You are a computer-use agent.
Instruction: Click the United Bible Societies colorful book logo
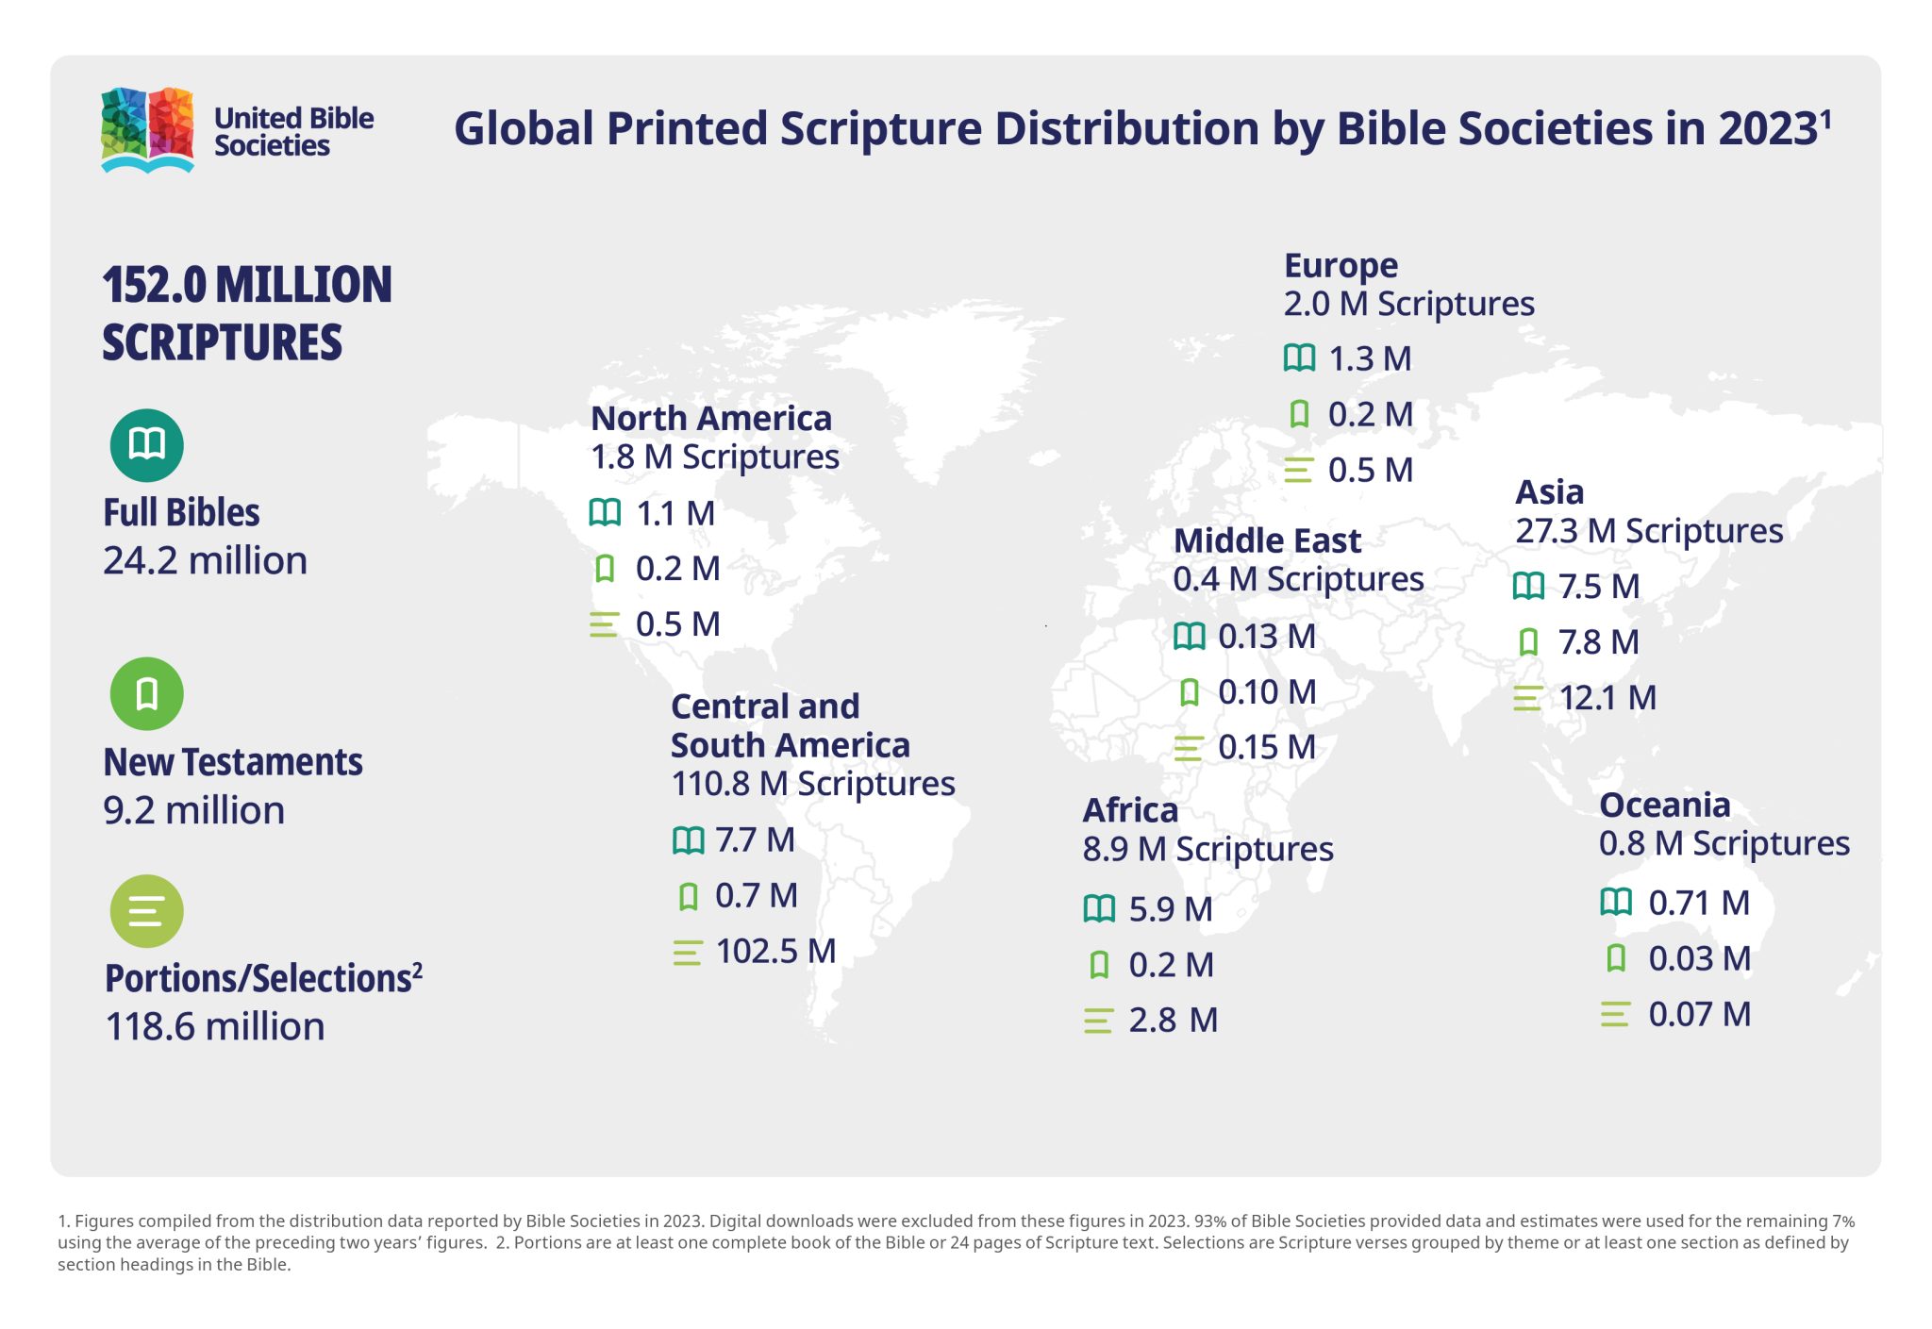pos(147,130)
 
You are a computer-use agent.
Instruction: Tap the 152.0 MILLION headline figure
pos(246,285)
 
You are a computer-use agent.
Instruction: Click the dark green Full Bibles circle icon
pos(146,444)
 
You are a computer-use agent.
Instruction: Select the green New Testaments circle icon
pos(146,693)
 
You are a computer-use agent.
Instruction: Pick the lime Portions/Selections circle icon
pos(146,911)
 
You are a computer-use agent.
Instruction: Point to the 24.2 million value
pos(205,561)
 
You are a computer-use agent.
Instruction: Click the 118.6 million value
pos(214,1026)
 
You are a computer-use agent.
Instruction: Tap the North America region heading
pos(710,418)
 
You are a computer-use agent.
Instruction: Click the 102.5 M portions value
pos(775,951)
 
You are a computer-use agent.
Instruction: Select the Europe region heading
pos(1341,265)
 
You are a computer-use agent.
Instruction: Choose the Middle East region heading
pos(1266,540)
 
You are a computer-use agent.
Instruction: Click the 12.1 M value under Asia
pos(1607,698)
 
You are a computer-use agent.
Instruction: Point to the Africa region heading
pos(1129,810)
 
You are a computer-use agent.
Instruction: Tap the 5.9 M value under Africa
pos(1170,909)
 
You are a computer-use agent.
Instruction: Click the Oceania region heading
pos(1664,805)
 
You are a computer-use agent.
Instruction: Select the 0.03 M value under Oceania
pos(1698,958)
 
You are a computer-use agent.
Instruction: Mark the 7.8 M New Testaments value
pos(1598,642)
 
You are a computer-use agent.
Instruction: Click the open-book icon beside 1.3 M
pos(1299,358)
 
